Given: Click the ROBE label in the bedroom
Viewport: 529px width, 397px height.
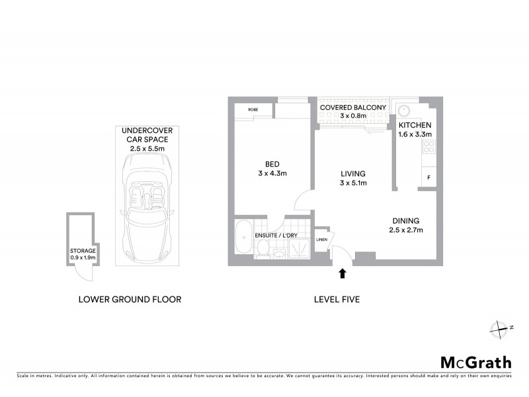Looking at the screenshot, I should (x=253, y=109).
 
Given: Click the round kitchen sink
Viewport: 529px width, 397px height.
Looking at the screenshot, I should (x=405, y=111).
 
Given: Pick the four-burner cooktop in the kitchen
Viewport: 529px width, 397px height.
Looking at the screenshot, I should (x=428, y=147).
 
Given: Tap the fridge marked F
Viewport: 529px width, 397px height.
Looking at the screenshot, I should (x=428, y=177).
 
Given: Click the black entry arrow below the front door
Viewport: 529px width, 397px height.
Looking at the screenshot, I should (x=343, y=273).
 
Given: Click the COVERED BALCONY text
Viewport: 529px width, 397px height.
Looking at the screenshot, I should (x=352, y=107).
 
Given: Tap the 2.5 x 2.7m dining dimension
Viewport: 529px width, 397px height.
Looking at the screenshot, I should (x=405, y=230).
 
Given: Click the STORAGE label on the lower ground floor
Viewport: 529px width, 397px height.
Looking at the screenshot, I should (x=83, y=251).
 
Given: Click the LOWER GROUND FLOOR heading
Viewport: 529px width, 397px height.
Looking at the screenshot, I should (x=130, y=299).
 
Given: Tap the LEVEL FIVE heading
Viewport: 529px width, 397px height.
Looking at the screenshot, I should (x=337, y=299).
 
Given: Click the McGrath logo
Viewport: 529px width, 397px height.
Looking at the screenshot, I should (x=476, y=362).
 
